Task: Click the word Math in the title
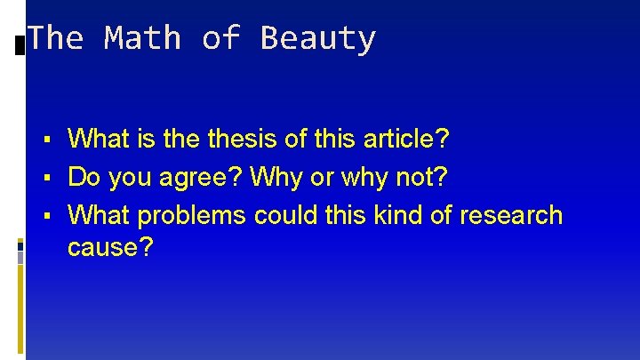tap(142, 38)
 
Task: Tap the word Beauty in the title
tap(317, 38)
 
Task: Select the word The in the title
tap(55, 38)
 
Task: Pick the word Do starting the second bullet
tap(84, 177)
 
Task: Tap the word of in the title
tap(220, 38)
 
